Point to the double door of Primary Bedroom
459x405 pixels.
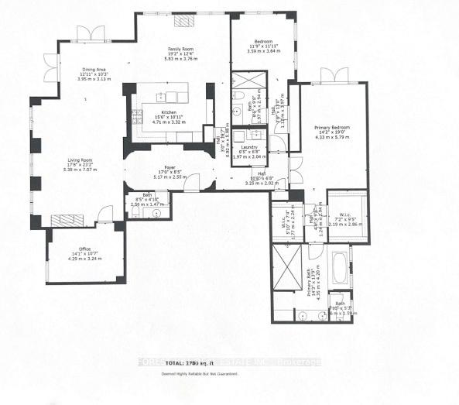(x=333, y=75)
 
